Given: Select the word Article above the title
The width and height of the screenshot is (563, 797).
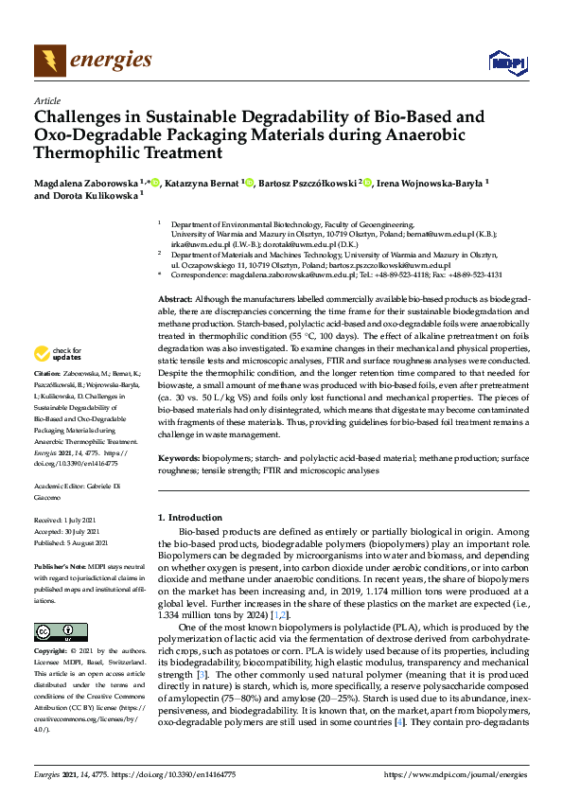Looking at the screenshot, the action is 46,101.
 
